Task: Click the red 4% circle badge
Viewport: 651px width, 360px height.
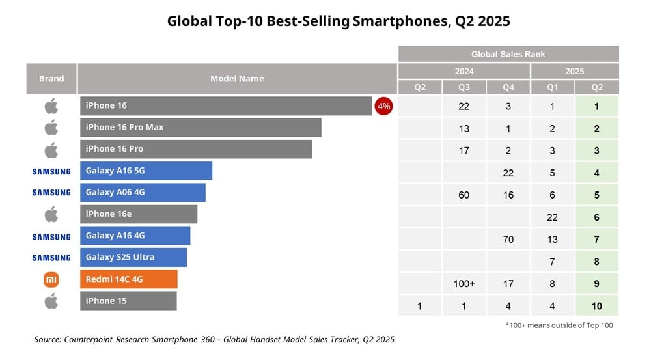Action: [x=383, y=106]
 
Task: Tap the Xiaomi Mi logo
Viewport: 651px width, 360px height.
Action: [x=51, y=279]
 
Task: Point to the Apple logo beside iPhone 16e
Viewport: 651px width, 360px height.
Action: [x=51, y=214]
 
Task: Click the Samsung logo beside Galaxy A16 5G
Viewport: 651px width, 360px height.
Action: [x=51, y=171]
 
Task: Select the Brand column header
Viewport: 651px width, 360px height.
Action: [x=51, y=79]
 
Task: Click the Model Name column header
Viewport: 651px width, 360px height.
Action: [x=237, y=79]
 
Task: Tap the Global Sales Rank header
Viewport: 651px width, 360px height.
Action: [x=508, y=54]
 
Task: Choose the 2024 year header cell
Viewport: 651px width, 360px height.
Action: [x=464, y=71]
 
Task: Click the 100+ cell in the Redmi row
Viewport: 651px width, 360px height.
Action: [x=464, y=284]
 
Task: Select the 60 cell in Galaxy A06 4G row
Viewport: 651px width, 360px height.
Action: [x=464, y=195]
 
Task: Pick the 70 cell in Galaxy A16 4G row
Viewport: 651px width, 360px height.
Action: [x=508, y=239]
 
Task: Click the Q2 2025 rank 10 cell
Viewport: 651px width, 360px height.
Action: [x=596, y=305]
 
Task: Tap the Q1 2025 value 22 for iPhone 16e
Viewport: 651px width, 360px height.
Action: [x=552, y=217]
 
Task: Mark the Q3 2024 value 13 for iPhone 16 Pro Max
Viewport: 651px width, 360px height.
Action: [x=464, y=128]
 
